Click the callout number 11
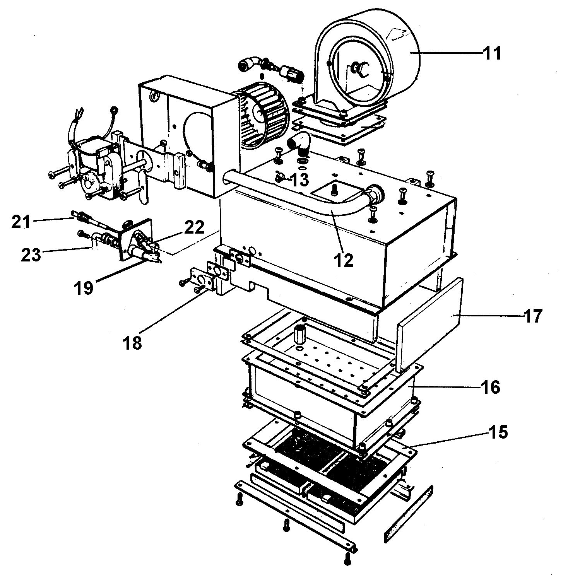[492, 53]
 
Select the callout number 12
[344, 261]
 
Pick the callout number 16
[490, 387]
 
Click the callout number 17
[533, 316]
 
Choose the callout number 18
[133, 343]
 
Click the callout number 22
[194, 227]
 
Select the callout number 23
[31, 254]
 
